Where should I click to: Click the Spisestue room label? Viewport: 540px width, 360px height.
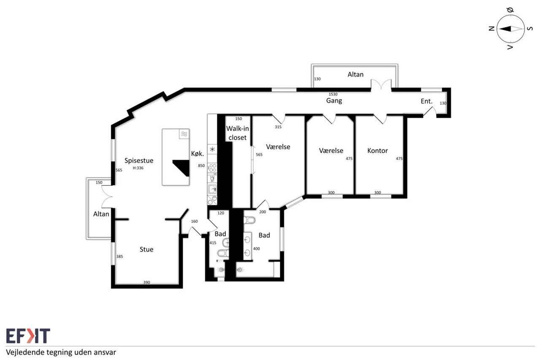(x=139, y=161)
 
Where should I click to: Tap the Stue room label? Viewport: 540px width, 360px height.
(x=146, y=249)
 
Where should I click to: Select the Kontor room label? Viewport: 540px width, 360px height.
(x=378, y=151)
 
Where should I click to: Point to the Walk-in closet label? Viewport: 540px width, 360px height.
(x=238, y=133)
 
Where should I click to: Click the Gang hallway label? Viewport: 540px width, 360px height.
(x=334, y=100)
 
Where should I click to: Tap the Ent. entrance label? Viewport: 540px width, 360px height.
(x=427, y=101)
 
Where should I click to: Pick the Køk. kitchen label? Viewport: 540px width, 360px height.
(x=197, y=154)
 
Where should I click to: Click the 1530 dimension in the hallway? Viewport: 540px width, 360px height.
(x=333, y=94)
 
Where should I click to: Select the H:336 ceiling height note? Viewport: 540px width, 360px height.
(x=138, y=168)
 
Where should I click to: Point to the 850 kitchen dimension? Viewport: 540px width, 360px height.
(x=201, y=166)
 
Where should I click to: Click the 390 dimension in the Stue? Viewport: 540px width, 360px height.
(x=146, y=282)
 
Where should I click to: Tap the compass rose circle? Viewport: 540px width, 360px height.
(x=510, y=29)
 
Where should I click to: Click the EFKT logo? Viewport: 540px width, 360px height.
(x=28, y=336)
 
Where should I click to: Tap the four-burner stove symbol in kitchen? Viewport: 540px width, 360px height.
(x=212, y=168)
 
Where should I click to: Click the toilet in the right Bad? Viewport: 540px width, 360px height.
(x=249, y=220)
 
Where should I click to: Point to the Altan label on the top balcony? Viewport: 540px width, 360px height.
(x=355, y=75)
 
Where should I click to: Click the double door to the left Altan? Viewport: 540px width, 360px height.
(x=107, y=197)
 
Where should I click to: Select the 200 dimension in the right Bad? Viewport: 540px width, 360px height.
(x=262, y=212)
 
